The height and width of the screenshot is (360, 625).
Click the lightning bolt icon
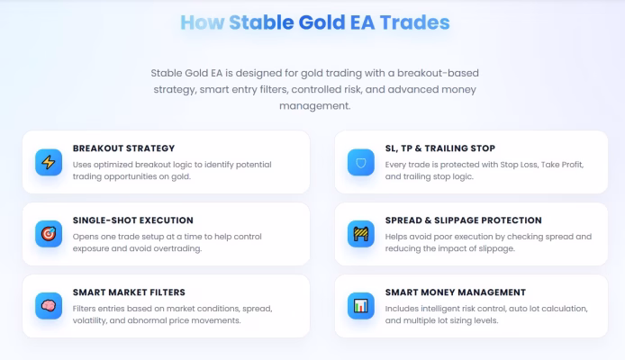click(49, 163)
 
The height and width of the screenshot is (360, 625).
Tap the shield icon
click(361, 163)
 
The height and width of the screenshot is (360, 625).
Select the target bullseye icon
click(49, 234)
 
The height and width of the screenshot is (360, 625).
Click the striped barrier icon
click(361, 234)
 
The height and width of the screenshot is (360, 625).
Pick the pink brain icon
click(49, 306)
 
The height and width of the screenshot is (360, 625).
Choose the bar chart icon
click(361, 306)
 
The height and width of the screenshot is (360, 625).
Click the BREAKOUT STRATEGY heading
click(123, 148)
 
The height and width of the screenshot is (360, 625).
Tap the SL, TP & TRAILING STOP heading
click(440, 148)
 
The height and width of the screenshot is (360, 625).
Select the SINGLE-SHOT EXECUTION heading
click(132, 220)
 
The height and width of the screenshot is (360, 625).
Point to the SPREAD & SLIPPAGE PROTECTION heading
click(463, 220)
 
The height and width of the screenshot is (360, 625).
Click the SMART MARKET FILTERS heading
click(129, 292)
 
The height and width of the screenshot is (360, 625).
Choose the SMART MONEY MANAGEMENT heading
click(455, 292)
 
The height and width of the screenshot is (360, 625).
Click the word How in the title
click(203, 22)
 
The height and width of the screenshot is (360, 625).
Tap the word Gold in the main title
click(322, 22)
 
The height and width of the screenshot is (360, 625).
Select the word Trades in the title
click(414, 22)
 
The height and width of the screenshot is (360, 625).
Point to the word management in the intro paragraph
click(314, 106)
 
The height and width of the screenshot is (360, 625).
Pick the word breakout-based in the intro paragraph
click(438, 73)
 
